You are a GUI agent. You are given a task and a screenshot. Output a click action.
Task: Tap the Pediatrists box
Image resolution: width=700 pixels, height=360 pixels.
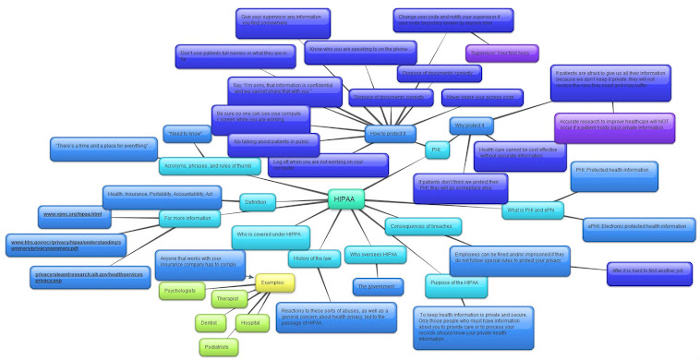click(x=219, y=346)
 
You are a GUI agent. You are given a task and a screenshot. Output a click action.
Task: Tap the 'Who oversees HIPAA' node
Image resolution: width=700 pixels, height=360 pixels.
click(x=372, y=254)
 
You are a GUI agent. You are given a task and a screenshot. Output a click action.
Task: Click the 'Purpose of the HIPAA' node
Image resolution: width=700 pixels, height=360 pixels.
click(x=456, y=282)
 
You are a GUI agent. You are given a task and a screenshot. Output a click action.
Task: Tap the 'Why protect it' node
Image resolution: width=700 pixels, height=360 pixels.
click(x=474, y=125)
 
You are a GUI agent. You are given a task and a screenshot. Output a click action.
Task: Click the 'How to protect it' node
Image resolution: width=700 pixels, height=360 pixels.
click(x=390, y=133)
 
